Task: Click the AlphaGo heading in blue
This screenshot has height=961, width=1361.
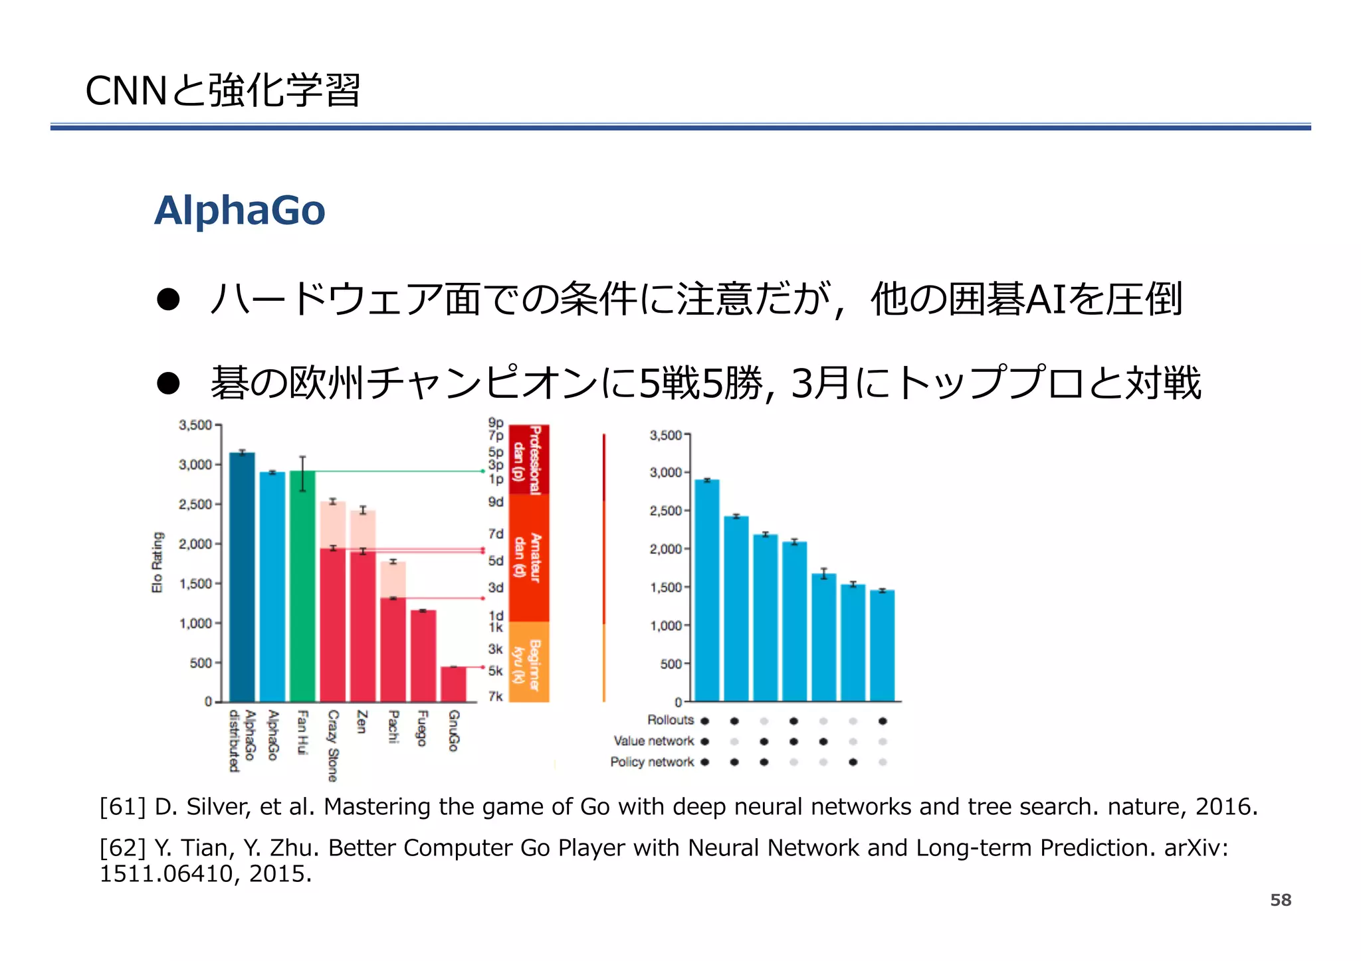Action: (x=239, y=211)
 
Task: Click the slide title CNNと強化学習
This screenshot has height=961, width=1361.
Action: (x=223, y=91)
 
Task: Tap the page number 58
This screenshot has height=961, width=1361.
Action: (x=1280, y=900)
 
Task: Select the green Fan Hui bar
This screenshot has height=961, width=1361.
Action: (x=302, y=584)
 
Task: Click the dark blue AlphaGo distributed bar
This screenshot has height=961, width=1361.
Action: (x=242, y=578)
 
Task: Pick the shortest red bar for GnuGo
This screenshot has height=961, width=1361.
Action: (x=453, y=684)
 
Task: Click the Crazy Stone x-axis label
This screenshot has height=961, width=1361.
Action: (x=333, y=745)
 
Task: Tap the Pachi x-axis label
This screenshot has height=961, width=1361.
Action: (x=393, y=727)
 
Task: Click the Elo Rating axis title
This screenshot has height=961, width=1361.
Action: (x=157, y=562)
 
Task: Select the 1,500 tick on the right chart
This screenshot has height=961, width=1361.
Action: (x=665, y=588)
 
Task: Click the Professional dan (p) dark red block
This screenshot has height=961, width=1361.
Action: (x=528, y=460)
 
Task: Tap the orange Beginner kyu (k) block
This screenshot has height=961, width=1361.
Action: (x=528, y=661)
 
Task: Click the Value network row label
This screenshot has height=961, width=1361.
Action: (x=653, y=741)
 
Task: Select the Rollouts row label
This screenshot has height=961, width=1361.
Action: (x=670, y=720)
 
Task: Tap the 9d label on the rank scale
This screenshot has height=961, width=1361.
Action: (x=496, y=502)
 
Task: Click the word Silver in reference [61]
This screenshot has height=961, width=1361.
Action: (x=218, y=806)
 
